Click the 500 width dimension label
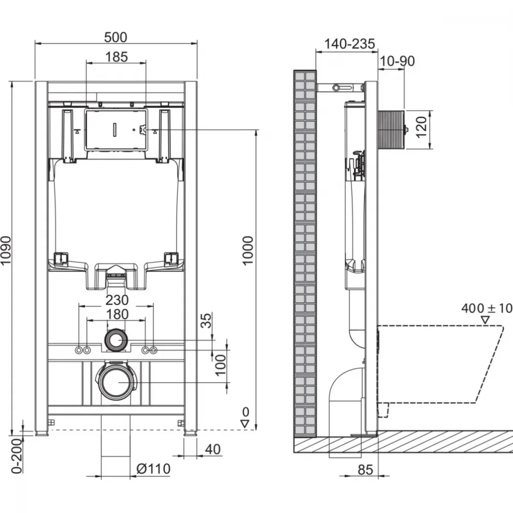(x=115, y=37)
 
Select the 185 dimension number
(x=116, y=57)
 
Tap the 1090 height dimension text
(x=6, y=251)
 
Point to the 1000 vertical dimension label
(x=248, y=250)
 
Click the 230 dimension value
(x=117, y=300)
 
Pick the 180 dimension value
(x=117, y=314)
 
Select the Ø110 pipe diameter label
(x=153, y=469)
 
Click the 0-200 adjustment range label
(x=17, y=456)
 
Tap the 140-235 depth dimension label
(x=349, y=44)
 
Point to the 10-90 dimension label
(x=397, y=61)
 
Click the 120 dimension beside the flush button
(x=421, y=127)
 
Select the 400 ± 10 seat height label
(x=487, y=308)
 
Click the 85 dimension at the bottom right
(x=365, y=470)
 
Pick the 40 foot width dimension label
(x=213, y=449)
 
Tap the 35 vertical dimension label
(x=206, y=321)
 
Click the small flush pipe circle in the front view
(x=115, y=340)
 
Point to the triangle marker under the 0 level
(x=245, y=424)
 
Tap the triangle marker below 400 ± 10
(x=485, y=320)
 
